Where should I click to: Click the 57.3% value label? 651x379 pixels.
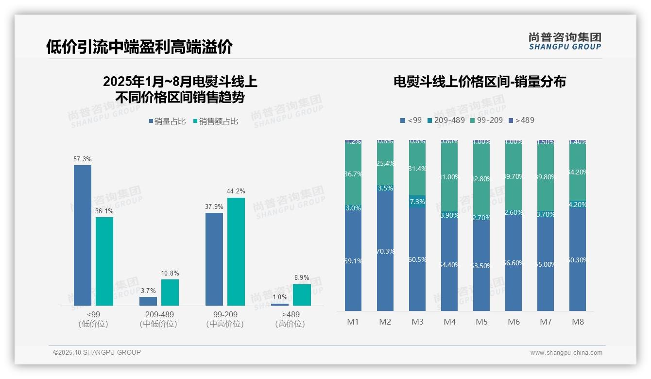tap(83, 159)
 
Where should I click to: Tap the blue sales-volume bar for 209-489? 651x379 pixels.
tap(148, 301)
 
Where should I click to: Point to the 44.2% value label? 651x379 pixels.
tap(236, 191)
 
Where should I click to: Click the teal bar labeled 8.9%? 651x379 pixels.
tap(302, 295)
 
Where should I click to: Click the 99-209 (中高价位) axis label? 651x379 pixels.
tap(225, 319)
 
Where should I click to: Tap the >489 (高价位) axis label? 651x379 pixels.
tap(290, 319)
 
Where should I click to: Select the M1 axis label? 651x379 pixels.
tap(353, 322)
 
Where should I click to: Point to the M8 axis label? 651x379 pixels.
tap(578, 322)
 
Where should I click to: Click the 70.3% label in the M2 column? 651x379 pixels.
tap(385, 251)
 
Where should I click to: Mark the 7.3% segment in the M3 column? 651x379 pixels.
tap(417, 202)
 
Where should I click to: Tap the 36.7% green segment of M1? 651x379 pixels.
tap(353, 173)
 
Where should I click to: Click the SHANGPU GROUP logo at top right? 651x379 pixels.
tap(565, 41)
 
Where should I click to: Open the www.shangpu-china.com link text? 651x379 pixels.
tap(566, 353)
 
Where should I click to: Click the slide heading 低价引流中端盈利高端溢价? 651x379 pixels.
tap(139, 47)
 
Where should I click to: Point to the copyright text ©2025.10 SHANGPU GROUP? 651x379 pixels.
tap(97, 352)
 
